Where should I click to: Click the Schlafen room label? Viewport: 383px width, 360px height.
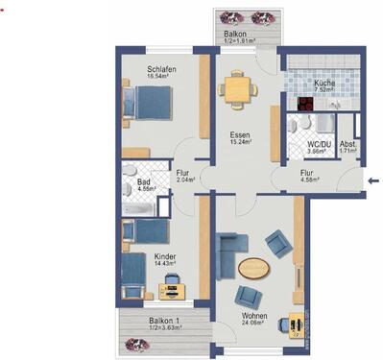[161, 70]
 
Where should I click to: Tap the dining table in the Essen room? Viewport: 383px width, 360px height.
[234, 89]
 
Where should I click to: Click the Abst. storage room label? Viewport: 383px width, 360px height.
[348, 144]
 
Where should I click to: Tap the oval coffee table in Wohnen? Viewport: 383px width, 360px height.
[254, 268]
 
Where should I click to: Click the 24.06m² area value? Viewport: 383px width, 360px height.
[252, 324]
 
